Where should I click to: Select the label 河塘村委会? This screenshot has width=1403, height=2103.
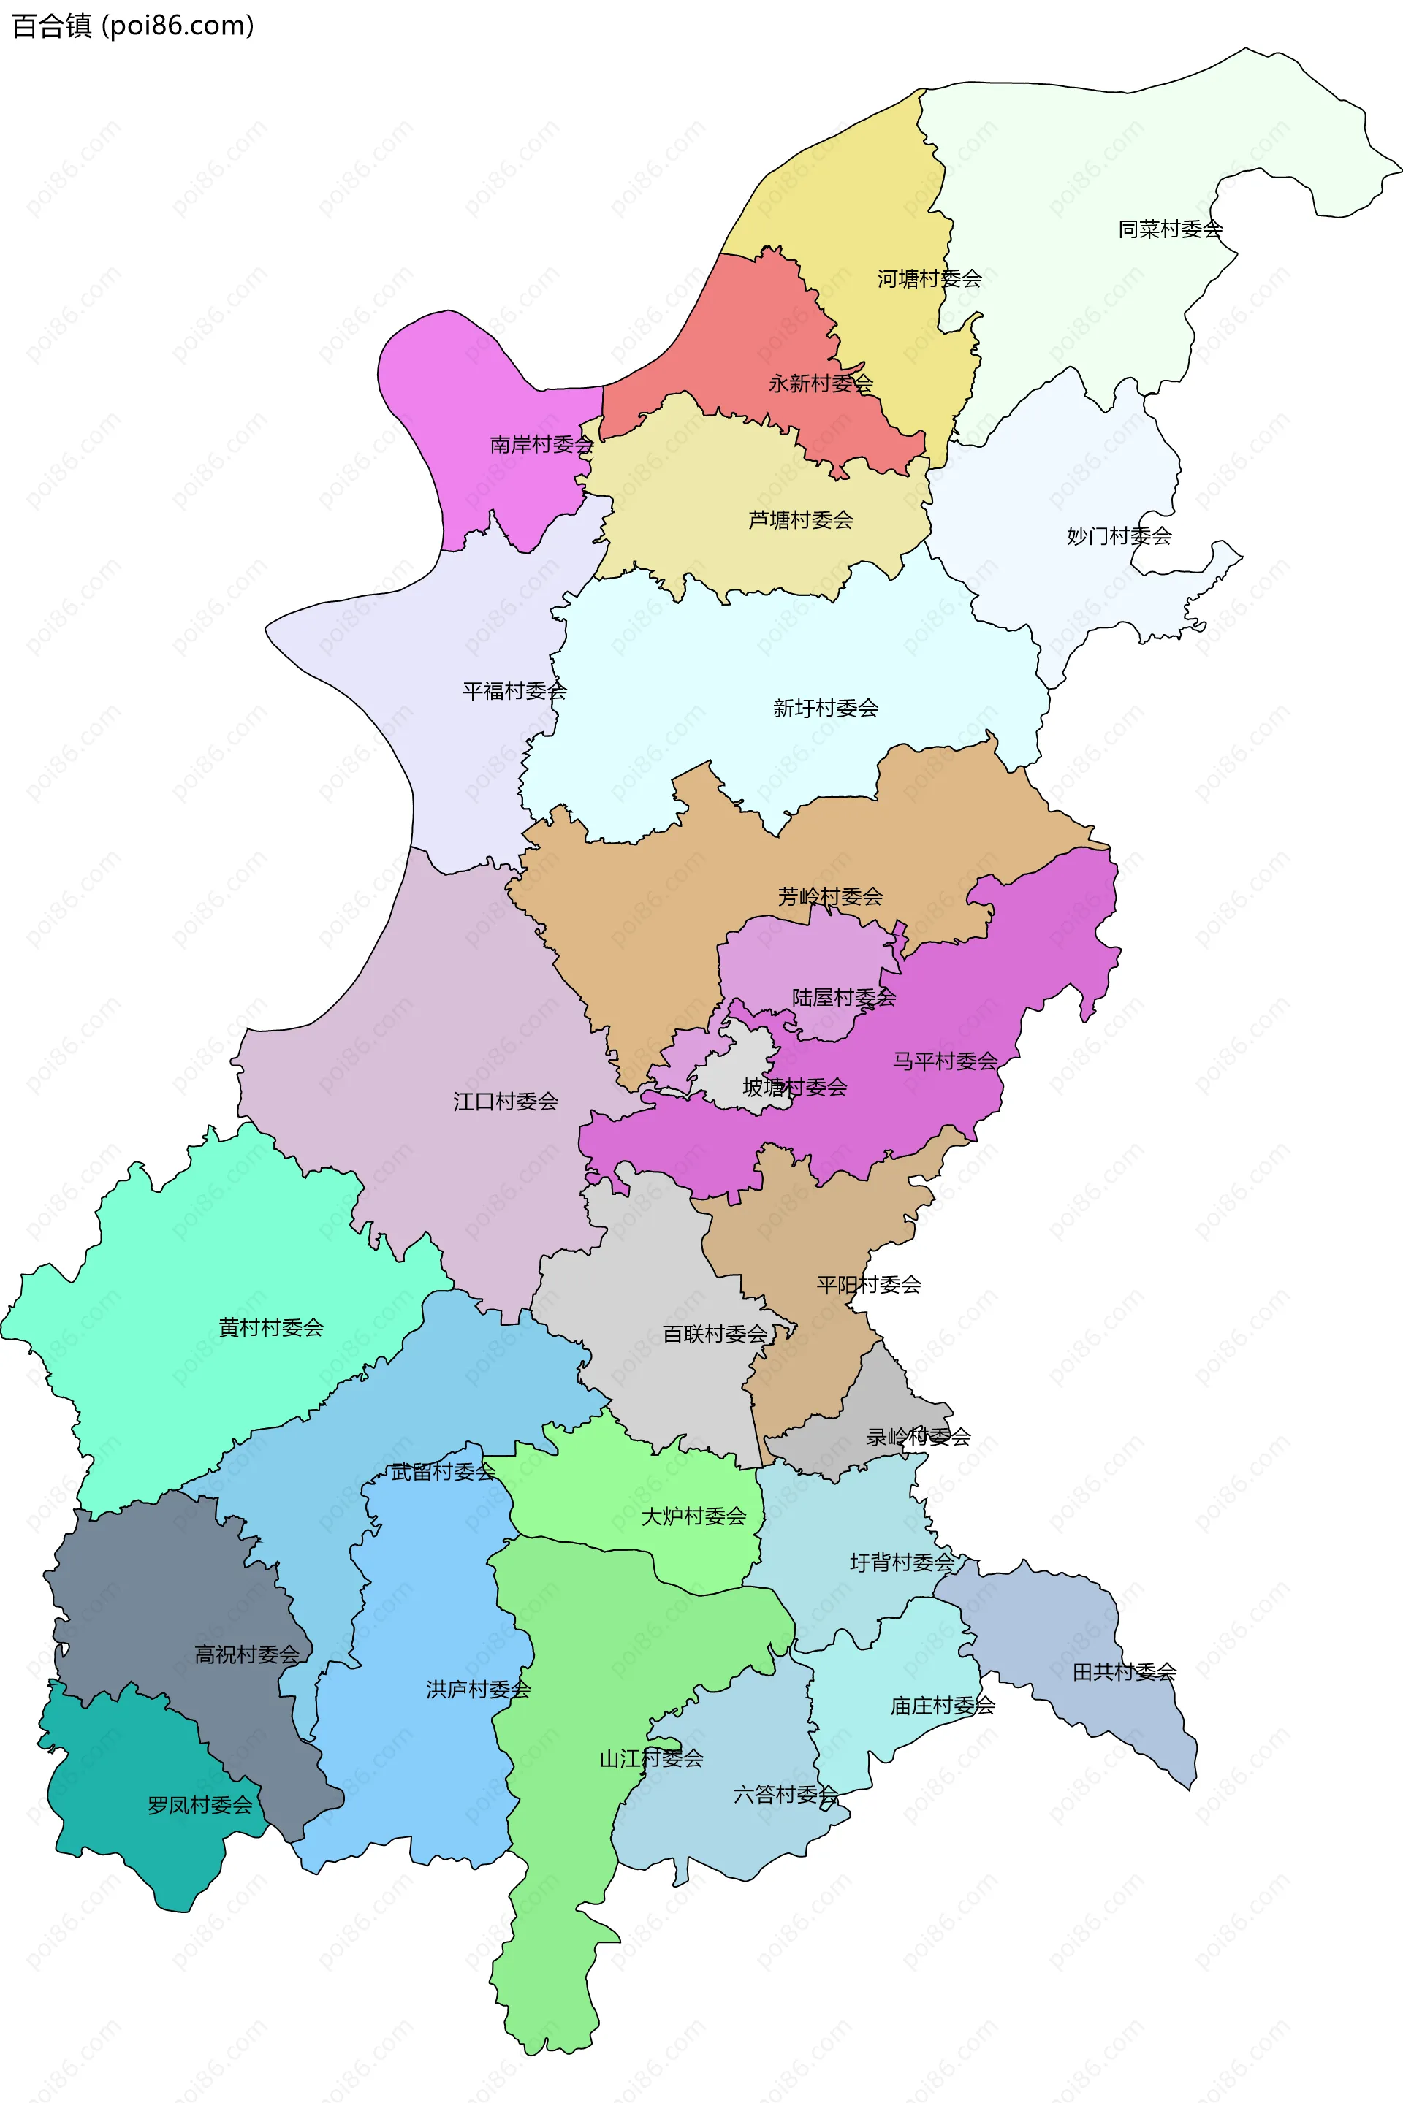[929, 279]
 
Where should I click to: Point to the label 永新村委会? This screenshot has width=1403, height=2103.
[821, 383]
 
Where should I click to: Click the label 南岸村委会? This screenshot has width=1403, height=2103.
[541, 445]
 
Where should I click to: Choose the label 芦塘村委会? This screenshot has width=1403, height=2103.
[800, 519]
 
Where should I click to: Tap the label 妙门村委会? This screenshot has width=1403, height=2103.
[1119, 536]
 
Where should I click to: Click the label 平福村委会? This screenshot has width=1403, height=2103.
[514, 690]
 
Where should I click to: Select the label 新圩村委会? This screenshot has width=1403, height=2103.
[825, 709]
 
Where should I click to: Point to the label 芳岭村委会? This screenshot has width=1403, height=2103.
[829, 896]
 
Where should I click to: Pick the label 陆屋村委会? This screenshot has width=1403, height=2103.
[843, 997]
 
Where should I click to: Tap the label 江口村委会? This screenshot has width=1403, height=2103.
[505, 1101]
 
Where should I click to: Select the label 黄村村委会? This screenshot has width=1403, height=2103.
[270, 1327]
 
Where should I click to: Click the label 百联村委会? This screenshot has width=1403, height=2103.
[714, 1335]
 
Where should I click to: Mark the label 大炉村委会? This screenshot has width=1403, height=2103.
[693, 1516]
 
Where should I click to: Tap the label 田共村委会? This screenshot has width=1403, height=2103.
[1124, 1672]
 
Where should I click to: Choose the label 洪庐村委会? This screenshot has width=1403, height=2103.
[478, 1690]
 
